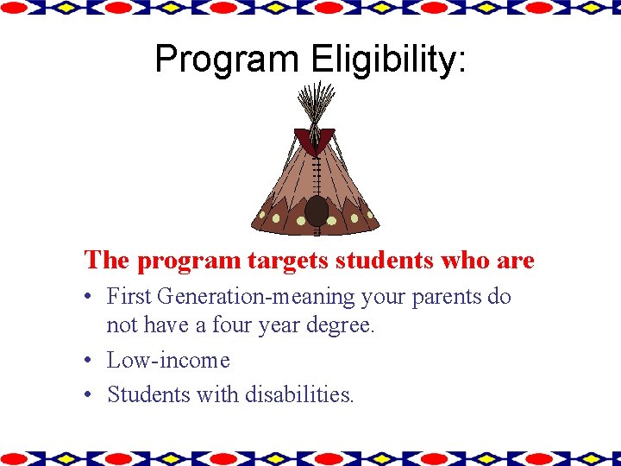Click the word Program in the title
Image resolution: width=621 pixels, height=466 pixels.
227,59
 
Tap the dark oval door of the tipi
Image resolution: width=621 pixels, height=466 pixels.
317,211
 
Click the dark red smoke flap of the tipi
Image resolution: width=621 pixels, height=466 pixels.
315,139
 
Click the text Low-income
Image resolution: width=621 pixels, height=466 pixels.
168,360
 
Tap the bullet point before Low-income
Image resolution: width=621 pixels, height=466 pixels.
90,361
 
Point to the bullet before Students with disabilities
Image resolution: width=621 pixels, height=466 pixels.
90,395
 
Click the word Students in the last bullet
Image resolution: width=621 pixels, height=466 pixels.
147,394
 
